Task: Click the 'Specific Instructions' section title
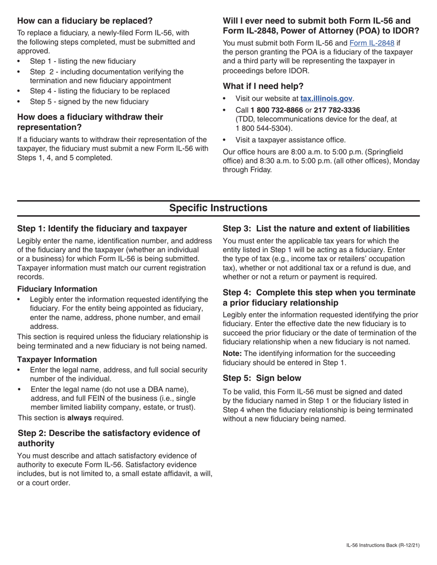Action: click(218, 208)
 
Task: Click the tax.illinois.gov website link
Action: click(326, 98)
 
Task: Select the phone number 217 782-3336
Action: click(337, 110)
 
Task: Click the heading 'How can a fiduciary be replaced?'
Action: click(85, 21)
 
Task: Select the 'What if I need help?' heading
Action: click(263, 86)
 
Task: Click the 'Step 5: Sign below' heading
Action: click(262, 378)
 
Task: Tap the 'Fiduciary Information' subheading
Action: click(57, 289)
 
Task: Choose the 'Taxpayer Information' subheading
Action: click(57, 359)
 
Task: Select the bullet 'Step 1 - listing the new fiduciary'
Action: click(83, 61)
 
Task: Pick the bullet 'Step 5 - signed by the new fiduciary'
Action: click(89, 102)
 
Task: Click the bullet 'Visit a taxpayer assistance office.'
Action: click(290, 140)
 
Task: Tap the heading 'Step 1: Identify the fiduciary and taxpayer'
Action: click(102, 229)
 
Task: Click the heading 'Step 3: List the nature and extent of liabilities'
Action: click(316, 229)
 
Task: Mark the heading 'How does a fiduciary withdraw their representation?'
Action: click(90, 122)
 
